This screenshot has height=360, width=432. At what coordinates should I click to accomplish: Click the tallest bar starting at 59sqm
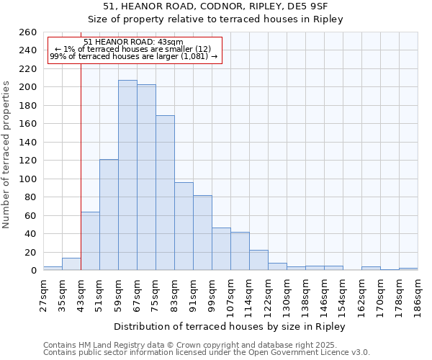click(x=127, y=175)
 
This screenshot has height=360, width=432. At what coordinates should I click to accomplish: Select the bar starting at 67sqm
click(x=146, y=177)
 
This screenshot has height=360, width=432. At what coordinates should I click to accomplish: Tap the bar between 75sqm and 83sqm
click(x=165, y=192)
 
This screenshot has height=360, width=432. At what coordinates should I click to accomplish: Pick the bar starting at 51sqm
click(x=109, y=215)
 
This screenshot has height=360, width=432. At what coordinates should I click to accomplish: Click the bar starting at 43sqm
click(x=90, y=240)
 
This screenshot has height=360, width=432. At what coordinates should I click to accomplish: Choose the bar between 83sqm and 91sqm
click(x=184, y=226)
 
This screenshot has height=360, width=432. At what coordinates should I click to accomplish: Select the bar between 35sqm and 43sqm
click(x=71, y=264)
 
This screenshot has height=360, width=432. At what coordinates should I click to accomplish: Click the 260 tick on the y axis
click(x=28, y=32)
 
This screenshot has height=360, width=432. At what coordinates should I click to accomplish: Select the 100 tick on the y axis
click(x=28, y=179)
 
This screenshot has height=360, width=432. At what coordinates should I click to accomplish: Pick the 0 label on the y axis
click(x=33, y=271)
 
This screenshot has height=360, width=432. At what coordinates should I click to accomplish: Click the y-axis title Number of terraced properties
click(x=7, y=155)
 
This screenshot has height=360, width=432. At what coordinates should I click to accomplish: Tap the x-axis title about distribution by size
click(x=230, y=327)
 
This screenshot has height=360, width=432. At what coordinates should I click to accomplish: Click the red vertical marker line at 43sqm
click(x=81, y=166)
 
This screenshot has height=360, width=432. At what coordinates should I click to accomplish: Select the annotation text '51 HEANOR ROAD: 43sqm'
click(x=133, y=42)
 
